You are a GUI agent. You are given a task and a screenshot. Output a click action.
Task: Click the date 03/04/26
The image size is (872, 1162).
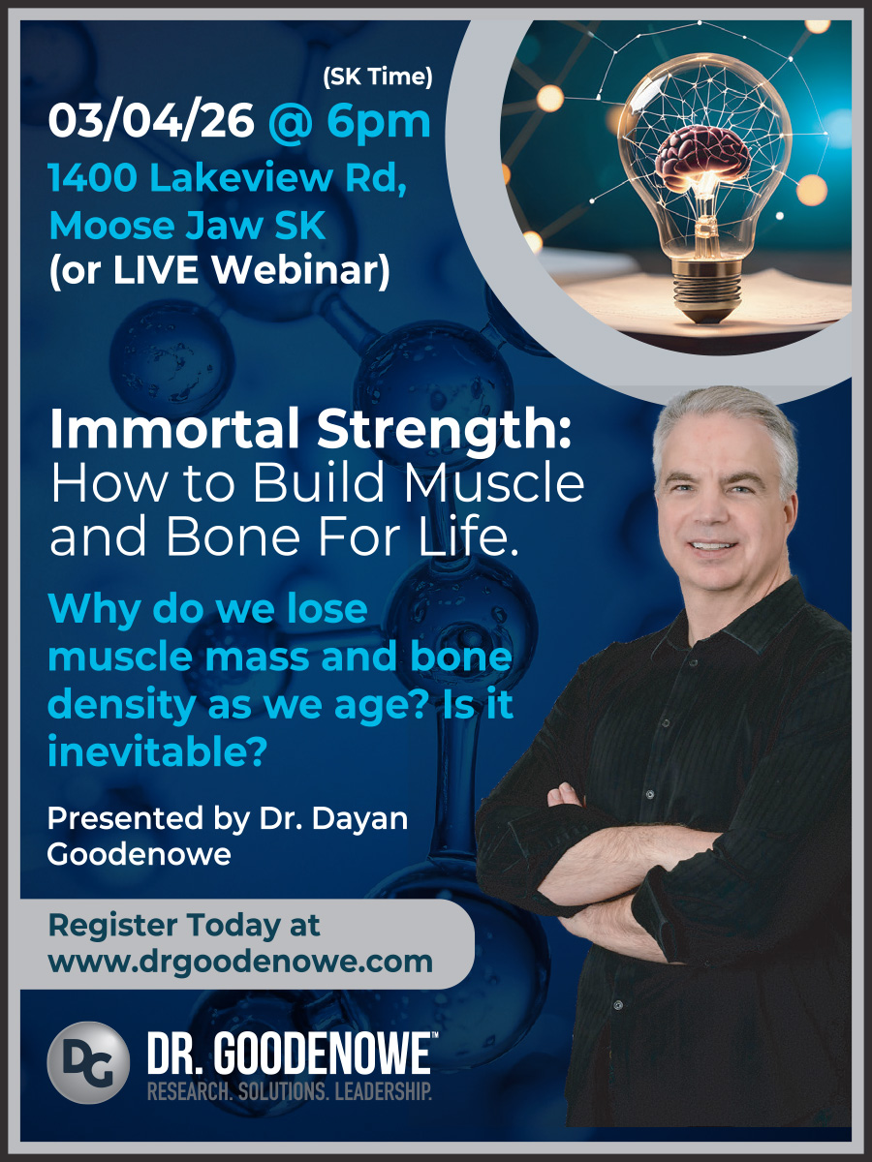(151, 121)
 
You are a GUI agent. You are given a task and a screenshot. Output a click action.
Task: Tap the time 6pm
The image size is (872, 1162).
(379, 121)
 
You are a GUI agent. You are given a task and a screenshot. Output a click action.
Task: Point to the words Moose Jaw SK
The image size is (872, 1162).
(187, 226)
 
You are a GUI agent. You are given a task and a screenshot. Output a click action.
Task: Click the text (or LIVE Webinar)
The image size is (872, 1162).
(219, 272)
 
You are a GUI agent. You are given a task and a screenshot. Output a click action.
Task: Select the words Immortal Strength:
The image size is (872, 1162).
(310, 432)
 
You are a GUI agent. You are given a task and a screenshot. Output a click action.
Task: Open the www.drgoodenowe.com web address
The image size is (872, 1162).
(240, 962)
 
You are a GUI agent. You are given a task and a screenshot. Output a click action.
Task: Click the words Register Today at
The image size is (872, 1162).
(184, 925)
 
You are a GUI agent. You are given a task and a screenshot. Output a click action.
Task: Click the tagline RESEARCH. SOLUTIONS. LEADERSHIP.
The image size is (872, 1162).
(289, 1092)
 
